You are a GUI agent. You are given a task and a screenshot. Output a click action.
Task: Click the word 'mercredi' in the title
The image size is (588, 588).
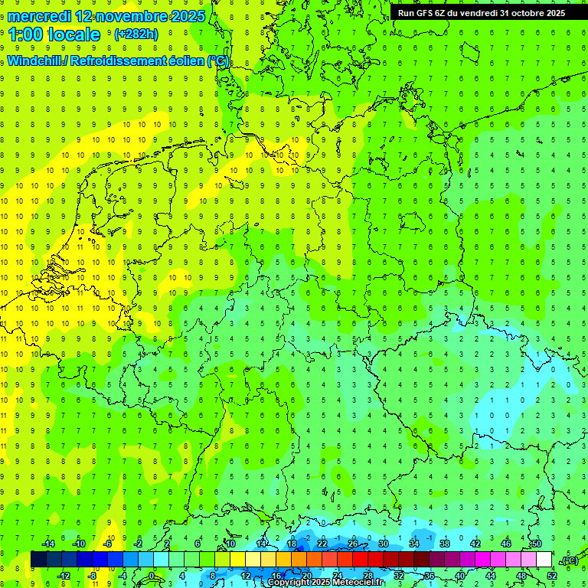pos(41,16)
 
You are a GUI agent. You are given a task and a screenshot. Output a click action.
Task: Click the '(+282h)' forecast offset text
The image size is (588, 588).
pos(136,34)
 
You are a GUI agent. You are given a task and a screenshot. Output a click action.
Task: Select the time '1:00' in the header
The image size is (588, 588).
pos(25,34)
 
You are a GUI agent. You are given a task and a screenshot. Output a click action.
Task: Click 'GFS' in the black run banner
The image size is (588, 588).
pos(426,12)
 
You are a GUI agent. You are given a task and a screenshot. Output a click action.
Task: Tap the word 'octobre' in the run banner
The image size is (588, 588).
pos(522,12)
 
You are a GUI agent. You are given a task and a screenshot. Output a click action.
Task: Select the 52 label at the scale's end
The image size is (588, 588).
pos(552,575)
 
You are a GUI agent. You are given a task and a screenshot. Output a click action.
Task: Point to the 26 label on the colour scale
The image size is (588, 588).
pos(353,544)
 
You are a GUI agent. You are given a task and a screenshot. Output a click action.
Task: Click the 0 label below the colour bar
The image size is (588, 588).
pos(151,575)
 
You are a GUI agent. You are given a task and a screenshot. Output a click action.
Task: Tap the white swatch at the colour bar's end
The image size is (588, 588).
pos(544,560)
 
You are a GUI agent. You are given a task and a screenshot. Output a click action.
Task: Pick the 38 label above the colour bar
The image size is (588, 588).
pos(445,544)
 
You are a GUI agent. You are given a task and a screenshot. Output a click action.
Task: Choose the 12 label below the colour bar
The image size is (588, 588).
pos(246,575)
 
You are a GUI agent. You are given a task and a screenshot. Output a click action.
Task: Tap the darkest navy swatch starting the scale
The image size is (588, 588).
pos(38,560)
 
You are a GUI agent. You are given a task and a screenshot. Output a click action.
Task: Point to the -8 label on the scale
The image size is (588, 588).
pos(93,575)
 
